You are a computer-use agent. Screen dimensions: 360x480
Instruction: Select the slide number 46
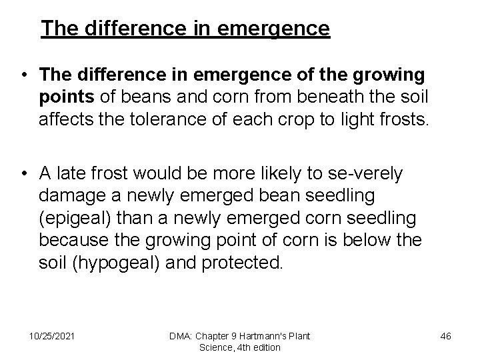coord(446,335)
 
